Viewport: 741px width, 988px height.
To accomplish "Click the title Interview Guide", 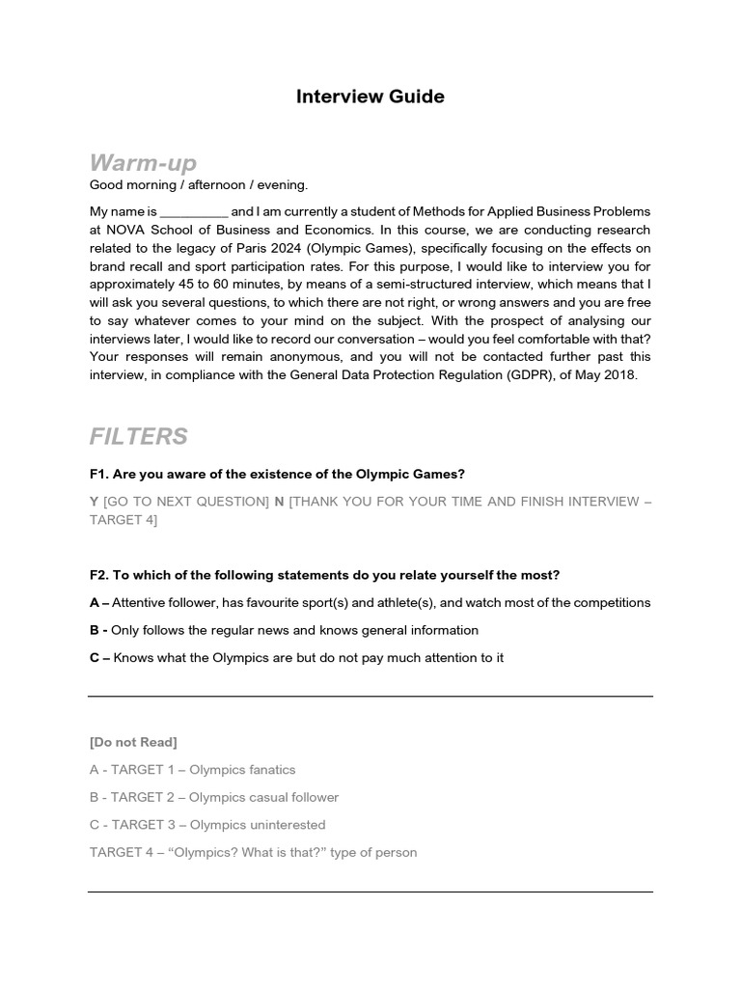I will (x=370, y=96).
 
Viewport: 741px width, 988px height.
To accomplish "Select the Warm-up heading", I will (x=143, y=161).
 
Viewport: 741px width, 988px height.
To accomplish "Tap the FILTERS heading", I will (x=138, y=437).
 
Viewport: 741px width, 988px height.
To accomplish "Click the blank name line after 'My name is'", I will (x=193, y=211).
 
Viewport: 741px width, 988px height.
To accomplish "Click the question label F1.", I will (x=98, y=474).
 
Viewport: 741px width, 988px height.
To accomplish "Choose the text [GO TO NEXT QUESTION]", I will (x=186, y=502).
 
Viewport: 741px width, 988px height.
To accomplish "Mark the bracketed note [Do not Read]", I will (x=133, y=742).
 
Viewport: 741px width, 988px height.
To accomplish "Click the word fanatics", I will (x=269, y=770).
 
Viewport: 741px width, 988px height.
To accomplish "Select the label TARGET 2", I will (x=143, y=798).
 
